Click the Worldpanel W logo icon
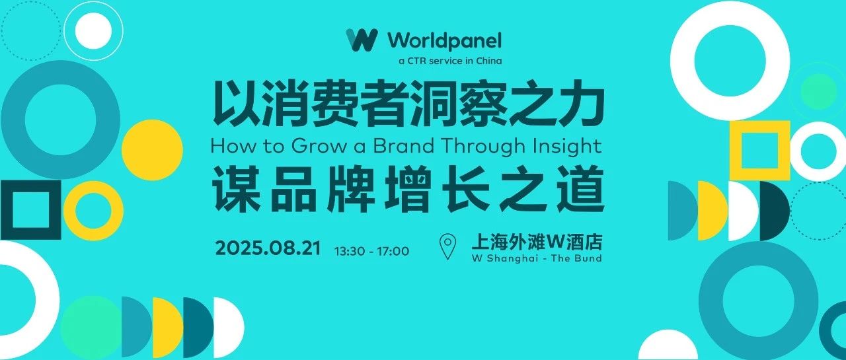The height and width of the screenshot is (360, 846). point(362,40)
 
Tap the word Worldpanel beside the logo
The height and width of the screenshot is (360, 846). point(445,41)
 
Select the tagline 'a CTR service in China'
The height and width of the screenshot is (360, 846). point(450,61)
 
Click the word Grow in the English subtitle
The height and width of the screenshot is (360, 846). point(319,146)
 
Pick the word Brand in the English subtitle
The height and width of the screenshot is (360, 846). point(403,146)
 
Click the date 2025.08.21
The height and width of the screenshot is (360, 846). point(268,248)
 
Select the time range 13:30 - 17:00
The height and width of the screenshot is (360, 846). point(371,251)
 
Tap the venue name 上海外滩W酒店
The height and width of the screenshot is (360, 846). point(537,242)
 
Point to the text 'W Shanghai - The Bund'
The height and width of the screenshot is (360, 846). point(537,258)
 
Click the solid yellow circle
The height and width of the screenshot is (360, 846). point(152,150)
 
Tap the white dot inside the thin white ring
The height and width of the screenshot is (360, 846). point(94,31)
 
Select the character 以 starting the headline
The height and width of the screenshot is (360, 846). point(237,103)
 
